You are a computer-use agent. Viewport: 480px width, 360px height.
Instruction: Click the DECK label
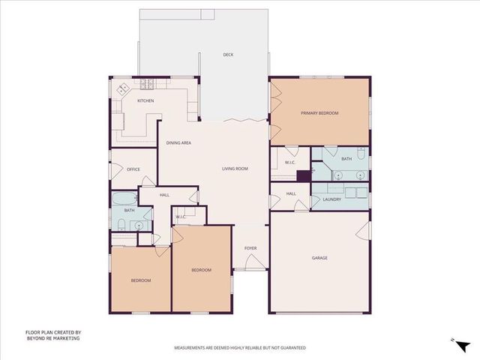pos(228,55)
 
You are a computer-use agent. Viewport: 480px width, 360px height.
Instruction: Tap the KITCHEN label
pos(145,100)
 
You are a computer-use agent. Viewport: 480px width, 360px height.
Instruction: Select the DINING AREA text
pos(178,142)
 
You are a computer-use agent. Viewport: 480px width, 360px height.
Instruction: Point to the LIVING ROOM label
pos(235,169)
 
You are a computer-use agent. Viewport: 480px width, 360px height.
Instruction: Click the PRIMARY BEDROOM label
pos(319,112)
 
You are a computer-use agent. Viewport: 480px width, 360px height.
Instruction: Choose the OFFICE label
pos(133,169)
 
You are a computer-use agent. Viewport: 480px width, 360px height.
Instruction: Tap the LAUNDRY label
pos(331,199)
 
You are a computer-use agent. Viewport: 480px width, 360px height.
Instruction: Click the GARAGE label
pos(319,258)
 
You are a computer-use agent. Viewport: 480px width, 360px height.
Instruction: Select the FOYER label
pos(250,248)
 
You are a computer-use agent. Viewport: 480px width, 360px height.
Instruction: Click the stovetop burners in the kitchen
pos(122,88)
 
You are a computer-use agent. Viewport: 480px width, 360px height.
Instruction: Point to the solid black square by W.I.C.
pos(303,176)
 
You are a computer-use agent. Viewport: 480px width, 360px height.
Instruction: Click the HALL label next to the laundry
pos(291,194)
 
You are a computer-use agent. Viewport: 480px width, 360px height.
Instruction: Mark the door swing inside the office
pos(149,180)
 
